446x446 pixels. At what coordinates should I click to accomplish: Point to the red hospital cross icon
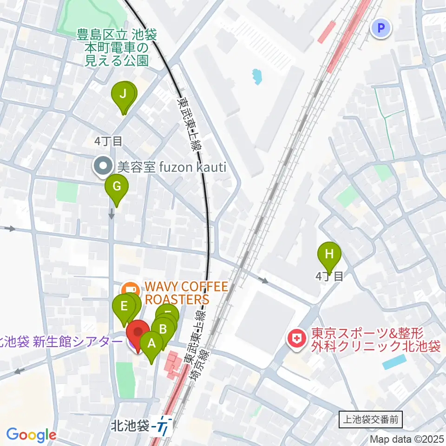[295, 340]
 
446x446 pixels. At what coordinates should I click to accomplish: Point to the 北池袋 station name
[130, 425]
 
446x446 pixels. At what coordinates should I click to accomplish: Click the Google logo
[31, 435]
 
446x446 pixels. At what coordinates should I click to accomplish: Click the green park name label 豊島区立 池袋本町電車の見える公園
[118, 47]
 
